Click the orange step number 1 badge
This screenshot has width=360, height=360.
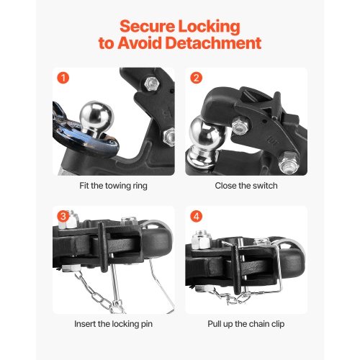point(63,78)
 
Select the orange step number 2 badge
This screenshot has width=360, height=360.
point(197,78)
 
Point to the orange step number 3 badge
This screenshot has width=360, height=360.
point(63,216)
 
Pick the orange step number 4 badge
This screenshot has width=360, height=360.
point(197,216)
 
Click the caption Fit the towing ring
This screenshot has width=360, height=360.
point(113,185)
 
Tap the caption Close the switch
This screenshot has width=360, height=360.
point(246,185)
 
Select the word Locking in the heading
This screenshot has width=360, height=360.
point(210,27)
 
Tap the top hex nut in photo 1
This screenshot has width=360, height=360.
point(152,85)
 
